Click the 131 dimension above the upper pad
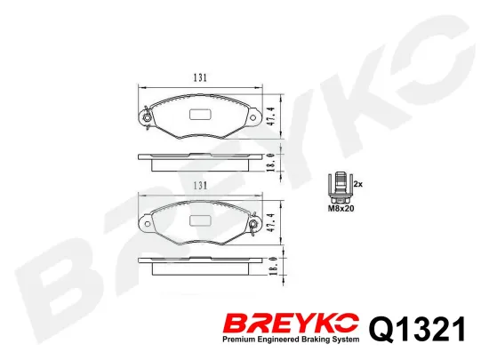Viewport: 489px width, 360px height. [x=200, y=77]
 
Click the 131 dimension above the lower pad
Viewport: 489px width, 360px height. [x=200, y=186]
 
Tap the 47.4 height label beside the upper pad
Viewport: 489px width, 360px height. [x=270, y=116]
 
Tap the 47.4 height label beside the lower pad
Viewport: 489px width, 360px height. [x=270, y=222]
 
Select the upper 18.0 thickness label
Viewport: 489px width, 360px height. [x=270, y=163]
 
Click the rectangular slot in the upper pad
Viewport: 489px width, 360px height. [x=200, y=115]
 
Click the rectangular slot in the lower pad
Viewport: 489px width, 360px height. [x=200, y=220]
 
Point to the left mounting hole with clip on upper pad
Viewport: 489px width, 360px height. [x=147, y=118]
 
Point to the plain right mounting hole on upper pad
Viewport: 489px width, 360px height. [x=253, y=118]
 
